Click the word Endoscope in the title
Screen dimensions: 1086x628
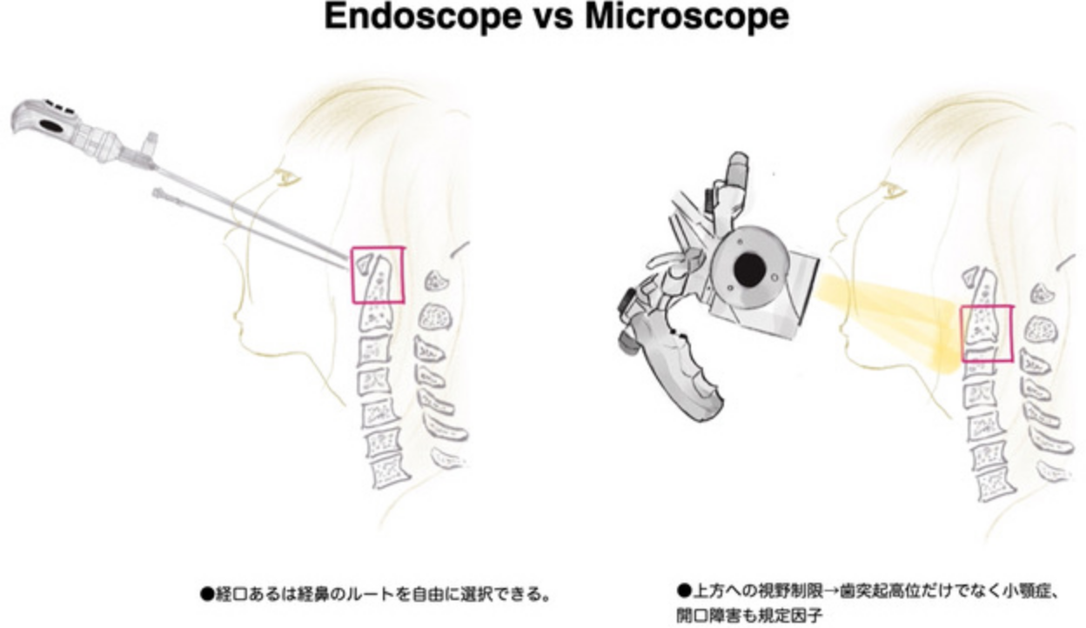[422, 17]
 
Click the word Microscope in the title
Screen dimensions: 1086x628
[687, 17]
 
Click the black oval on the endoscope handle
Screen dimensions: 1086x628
[53, 126]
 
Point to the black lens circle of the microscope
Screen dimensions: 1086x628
[749, 270]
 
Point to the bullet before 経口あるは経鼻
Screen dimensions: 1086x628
[207, 594]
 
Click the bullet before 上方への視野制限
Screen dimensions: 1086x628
[684, 591]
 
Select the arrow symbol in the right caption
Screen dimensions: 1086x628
[830, 591]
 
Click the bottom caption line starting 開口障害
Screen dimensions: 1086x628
[749, 616]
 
